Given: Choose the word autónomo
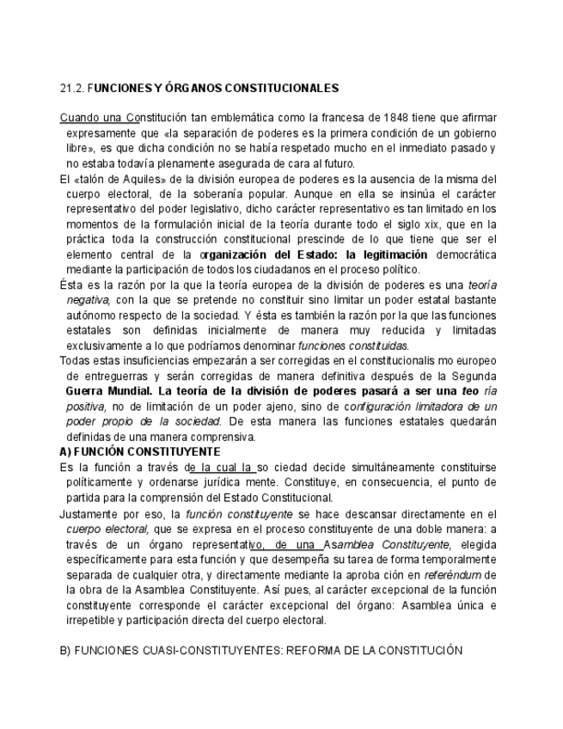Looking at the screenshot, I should (x=89, y=315).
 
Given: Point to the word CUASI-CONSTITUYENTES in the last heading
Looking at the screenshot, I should (x=194, y=650).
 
